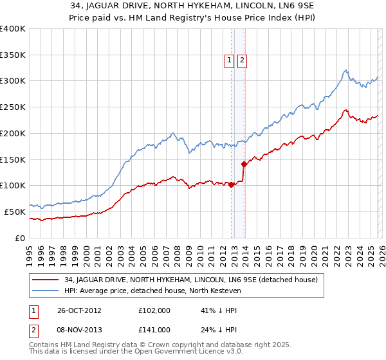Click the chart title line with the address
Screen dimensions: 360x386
pyautogui.click(x=193, y=7)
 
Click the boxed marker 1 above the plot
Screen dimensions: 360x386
pyautogui.click(x=229, y=61)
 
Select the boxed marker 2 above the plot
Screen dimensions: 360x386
pyautogui.click(x=242, y=61)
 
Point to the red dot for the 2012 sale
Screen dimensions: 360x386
pyautogui.click(x=232, y=185)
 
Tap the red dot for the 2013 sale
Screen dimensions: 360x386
pyautogui.click(x=244, y=164)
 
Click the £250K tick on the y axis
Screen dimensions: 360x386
pyautogui.click(x=13, y=107)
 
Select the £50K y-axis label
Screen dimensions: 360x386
pyautogui.click(x=15, y=212)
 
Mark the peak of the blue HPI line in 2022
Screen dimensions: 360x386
pyautogui.click(x=346, y=70)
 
